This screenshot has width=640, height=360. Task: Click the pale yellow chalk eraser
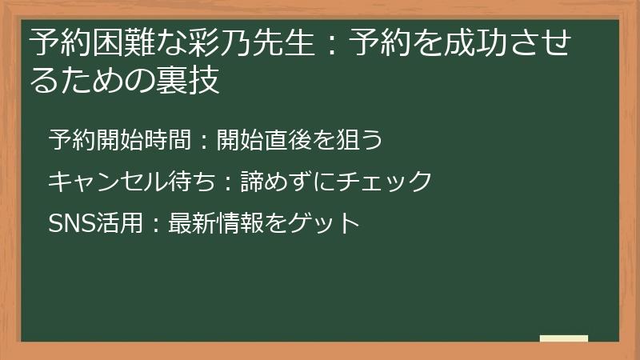pos(564,338)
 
